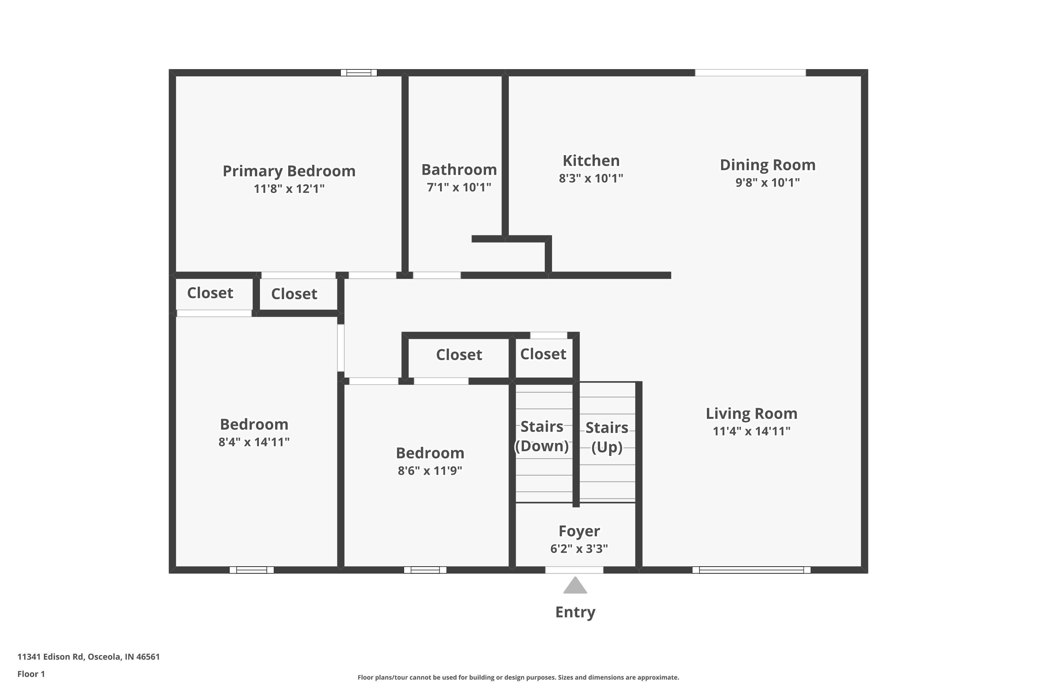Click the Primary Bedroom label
(x=289, y=171)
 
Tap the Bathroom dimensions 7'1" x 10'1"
(x=459, y=187)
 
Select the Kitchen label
(x=591, y=161)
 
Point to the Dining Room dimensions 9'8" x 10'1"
(x=767, y=182)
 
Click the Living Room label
(x=751, y=413)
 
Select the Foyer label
(x=579, y=531)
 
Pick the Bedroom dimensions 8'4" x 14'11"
(x=254, y=442)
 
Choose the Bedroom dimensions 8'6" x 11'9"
(x=430, y=471)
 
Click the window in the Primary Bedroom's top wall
(x=358, y=73)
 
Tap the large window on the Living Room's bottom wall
(x=751, y=570)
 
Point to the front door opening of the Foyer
(x=574, y=570)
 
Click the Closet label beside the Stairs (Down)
(x=543, y=354)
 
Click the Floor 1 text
(x=31, y=674)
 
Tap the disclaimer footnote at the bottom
(x=518, y=677)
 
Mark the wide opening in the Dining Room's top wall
(x=750, y=73)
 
